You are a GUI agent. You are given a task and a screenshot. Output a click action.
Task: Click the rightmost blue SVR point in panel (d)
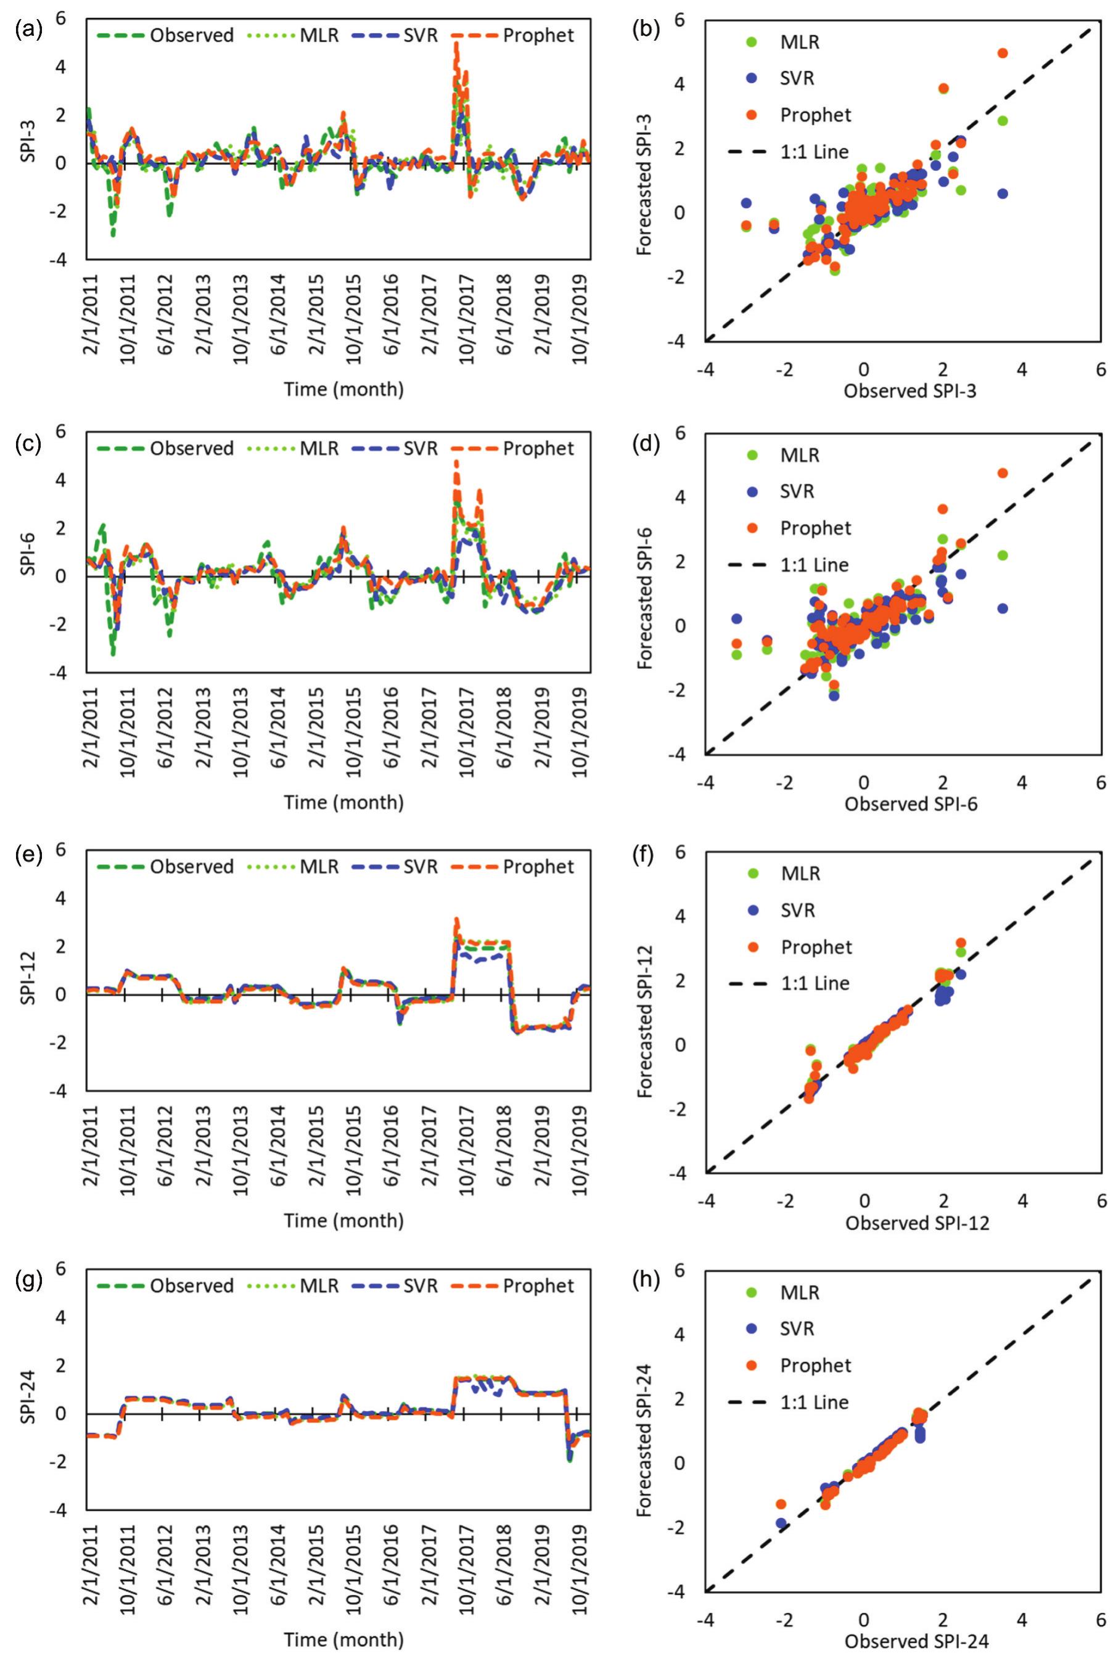(x=1002, y=609)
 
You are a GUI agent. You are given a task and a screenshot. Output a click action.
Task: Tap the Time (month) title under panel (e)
(x=344, y=1220)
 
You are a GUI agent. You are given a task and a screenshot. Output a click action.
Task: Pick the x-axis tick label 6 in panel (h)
(x=1101, y=1620)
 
